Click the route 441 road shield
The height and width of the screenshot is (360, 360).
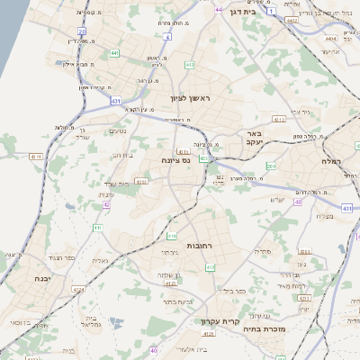(114, 54)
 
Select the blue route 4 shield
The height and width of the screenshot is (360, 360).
(168, 37)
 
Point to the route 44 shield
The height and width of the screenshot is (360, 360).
(219, 8)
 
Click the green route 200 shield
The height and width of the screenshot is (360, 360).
(271, 166)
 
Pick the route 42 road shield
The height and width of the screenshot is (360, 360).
(106, 205)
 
